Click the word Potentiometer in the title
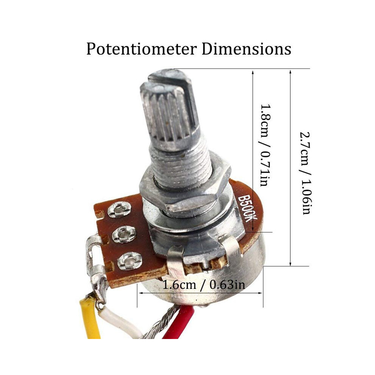coord(141,49)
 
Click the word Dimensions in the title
coord(247,48)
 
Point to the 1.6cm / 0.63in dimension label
coord(204,284)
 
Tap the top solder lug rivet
coord(119,210)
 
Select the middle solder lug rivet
coord(124,234)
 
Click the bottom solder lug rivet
coord(130,261)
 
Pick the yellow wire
coord(90,318)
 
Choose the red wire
coord(182,323)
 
